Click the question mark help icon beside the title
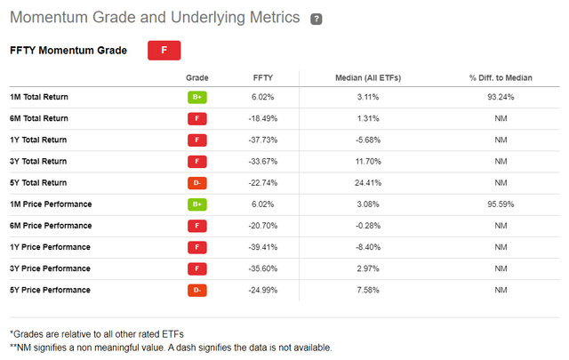coord(316,19)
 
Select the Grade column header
coord(197,78)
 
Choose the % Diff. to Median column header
coord(500,78)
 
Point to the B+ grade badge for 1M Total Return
coord(196,97)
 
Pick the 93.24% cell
coord(500,97)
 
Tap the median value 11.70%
coord(368,161)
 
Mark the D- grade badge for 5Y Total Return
coord(196,183)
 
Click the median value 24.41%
coord(368,183)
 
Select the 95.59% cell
coord(500,204)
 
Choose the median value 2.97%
coord(368,268)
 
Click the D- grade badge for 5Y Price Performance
coord(196,290)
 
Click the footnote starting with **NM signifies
coord(170,347)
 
